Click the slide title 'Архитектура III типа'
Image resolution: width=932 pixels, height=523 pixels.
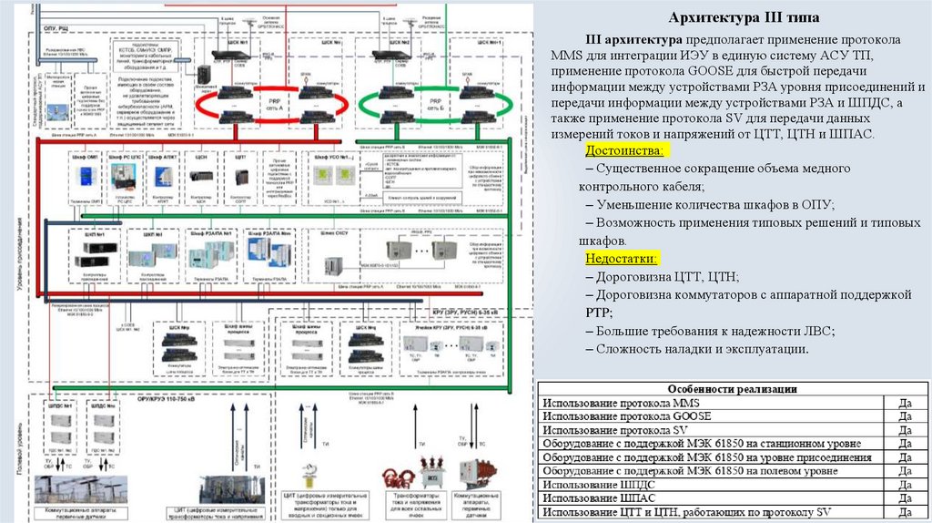click(x=744, y=18)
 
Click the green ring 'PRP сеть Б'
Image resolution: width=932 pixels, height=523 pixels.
click(x=419, y=111)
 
